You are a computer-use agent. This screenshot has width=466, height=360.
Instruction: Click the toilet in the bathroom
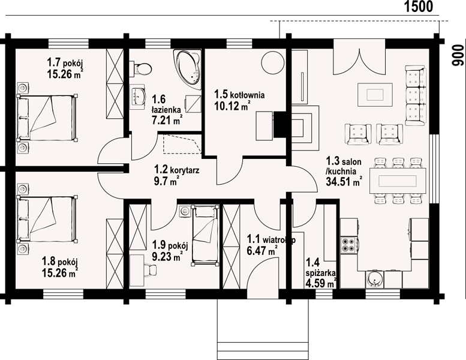click(x=141, y=68)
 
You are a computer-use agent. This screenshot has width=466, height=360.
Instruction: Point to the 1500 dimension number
click(x=419, y=7)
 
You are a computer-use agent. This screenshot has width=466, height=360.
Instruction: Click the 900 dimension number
click(x=458, y=55)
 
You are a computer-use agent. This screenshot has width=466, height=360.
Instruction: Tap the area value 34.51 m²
click(x=344, y=181)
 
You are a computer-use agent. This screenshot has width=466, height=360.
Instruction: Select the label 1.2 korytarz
click(x=176, y=170)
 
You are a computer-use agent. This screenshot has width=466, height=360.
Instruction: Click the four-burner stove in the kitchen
click(x=348, y=244)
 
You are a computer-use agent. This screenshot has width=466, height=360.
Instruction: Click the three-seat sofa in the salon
click(x=416, y=96)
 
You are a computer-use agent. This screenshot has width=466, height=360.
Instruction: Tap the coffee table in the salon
click(x=375, y=95)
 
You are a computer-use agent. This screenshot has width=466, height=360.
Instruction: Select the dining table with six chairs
click(x=398, y=181)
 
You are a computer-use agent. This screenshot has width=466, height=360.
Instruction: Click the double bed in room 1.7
click(x=47, y=118)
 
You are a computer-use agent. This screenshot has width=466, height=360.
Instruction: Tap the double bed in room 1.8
click(x=47, y=218)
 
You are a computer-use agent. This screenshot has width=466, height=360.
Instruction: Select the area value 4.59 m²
click(x=321, y=284)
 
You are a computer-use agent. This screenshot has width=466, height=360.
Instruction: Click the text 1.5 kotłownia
click(x=239, y=95)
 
